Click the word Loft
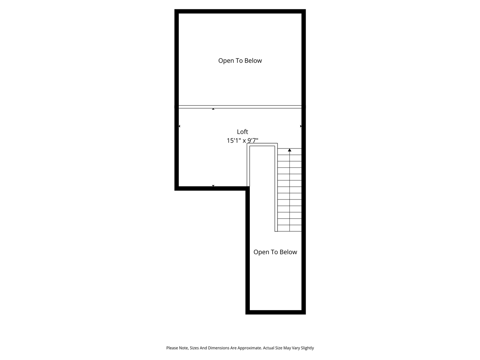click(242, 132)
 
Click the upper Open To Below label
click(240, 61)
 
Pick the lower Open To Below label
click(275, 252)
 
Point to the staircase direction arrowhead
click(289, 150)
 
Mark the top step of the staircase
click(289, 151)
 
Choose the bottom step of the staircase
click(289, 228)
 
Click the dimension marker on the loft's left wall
click(179, 126)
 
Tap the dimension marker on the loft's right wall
click(301, 126)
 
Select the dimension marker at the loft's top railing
click(213, 109)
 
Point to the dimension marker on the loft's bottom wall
click(213, 186)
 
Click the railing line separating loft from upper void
click(240, 107)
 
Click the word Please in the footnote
click(172, 348)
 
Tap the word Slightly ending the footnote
click(307, 348)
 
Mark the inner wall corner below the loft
click(247, 189)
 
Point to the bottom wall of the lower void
click(276, 312)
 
